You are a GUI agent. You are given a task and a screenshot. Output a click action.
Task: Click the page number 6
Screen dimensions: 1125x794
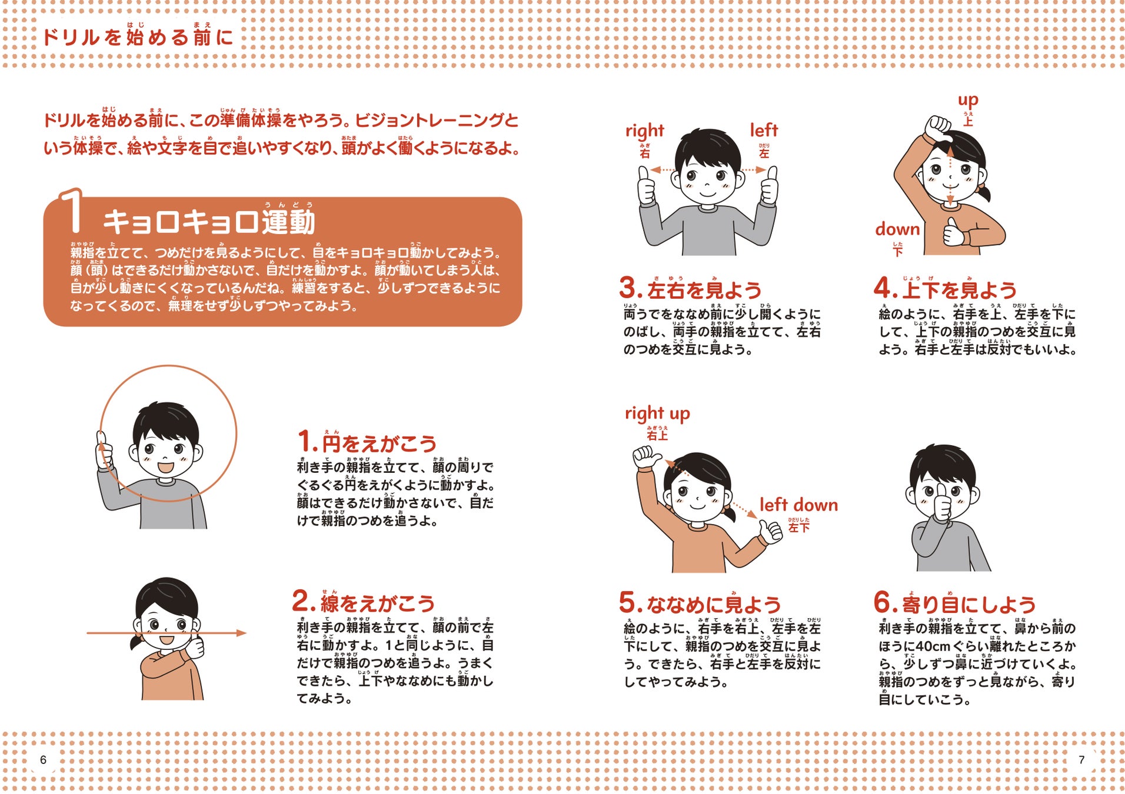(43, 759)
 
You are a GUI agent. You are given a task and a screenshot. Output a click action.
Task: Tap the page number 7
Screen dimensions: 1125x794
(1081, 759)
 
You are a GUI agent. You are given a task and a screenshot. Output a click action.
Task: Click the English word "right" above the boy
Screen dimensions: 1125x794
(644, 131)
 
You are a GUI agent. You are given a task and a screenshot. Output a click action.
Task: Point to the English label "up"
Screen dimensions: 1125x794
(967, 100)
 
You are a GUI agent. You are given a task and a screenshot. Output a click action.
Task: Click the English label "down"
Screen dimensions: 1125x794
(897, 229)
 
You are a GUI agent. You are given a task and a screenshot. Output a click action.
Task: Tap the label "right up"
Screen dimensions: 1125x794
(657, 413)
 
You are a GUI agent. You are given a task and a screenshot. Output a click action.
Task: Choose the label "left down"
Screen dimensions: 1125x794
(798, 505)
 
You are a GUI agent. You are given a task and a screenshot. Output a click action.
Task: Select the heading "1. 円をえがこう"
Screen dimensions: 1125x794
(367, 442)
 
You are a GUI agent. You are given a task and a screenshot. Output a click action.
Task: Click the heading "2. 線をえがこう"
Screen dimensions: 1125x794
(364, 602)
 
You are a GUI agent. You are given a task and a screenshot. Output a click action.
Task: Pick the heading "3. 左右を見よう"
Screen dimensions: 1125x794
(690, 289)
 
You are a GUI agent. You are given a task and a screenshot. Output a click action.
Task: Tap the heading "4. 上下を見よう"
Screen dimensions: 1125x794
(946, 289)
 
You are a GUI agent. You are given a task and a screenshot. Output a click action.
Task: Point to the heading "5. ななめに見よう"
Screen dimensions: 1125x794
(700, 603)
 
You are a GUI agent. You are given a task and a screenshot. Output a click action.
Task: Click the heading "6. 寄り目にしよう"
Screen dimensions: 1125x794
(954, 603)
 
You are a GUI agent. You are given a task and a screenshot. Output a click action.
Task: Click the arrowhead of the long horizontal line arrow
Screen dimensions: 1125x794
(241, 633)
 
